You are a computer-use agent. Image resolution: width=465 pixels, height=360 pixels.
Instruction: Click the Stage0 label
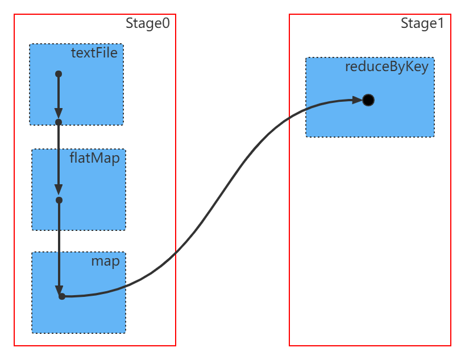[x=148, y=24]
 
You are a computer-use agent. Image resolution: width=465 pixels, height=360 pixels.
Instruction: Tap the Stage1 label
[x=422, y=24]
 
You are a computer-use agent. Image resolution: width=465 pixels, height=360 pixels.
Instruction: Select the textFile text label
[x=94, y=53]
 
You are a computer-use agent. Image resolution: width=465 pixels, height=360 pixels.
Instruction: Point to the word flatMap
[x=95, y=158]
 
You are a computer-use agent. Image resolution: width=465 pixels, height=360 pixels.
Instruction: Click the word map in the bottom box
[x=106, y=262]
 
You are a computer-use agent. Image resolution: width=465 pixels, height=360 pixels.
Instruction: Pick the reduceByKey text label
[x=387, y=67]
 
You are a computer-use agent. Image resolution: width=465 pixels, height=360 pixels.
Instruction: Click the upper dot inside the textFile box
[x=58, y=74]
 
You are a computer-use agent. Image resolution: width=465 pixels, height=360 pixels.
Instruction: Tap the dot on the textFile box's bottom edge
[x=58, y=122]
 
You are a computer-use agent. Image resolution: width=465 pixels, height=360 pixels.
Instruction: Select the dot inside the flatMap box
[x=59, y=200]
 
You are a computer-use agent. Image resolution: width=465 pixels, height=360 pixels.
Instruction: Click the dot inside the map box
[x=61, y=296]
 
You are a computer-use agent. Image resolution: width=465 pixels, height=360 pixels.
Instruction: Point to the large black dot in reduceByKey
[x=368, y=100]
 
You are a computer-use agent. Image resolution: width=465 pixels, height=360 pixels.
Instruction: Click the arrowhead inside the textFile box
[x=58, y=113]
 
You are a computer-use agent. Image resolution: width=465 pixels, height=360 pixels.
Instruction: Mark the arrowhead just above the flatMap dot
[x=58, y=190]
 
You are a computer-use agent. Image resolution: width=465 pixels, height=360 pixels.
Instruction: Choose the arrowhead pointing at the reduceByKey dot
[x=357, y=100]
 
